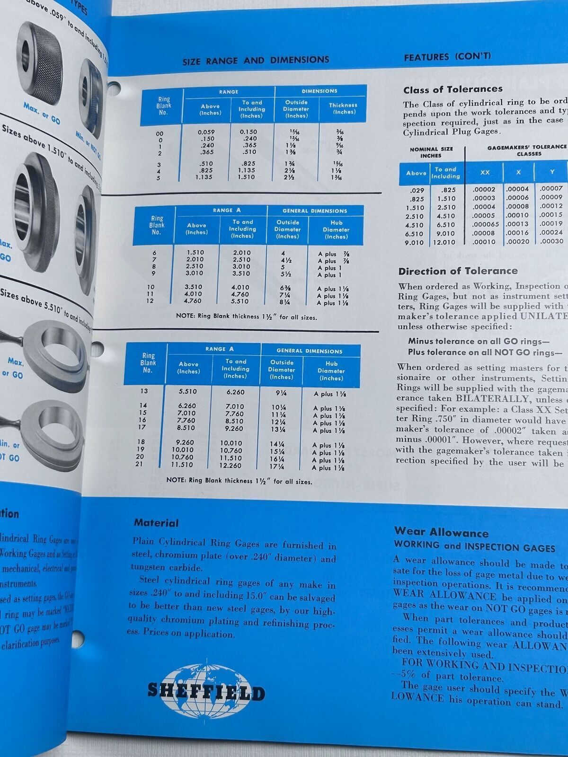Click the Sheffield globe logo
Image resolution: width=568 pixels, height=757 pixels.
[x=206, y=691]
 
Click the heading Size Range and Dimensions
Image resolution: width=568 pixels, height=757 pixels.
[x=256, y=60]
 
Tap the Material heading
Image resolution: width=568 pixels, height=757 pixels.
[x=156, y=523]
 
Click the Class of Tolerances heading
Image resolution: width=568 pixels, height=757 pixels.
[x=453, y=89]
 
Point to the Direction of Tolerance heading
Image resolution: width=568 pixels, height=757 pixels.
[x=458, y=271]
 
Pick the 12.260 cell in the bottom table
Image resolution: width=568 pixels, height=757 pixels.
[x=231, y=465]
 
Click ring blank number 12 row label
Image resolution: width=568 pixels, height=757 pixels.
[x=151, y=301]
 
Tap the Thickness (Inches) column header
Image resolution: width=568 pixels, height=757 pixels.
[x=343, y=108]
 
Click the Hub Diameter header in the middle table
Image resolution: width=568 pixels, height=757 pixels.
[x=336, y=229]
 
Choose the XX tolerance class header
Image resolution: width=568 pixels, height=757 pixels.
[x=485, y=172]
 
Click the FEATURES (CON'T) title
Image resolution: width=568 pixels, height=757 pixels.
[x=447, y=57]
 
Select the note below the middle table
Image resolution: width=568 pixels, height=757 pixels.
[x=246, y=317]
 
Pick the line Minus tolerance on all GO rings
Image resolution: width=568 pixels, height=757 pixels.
[x=478, y=341]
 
